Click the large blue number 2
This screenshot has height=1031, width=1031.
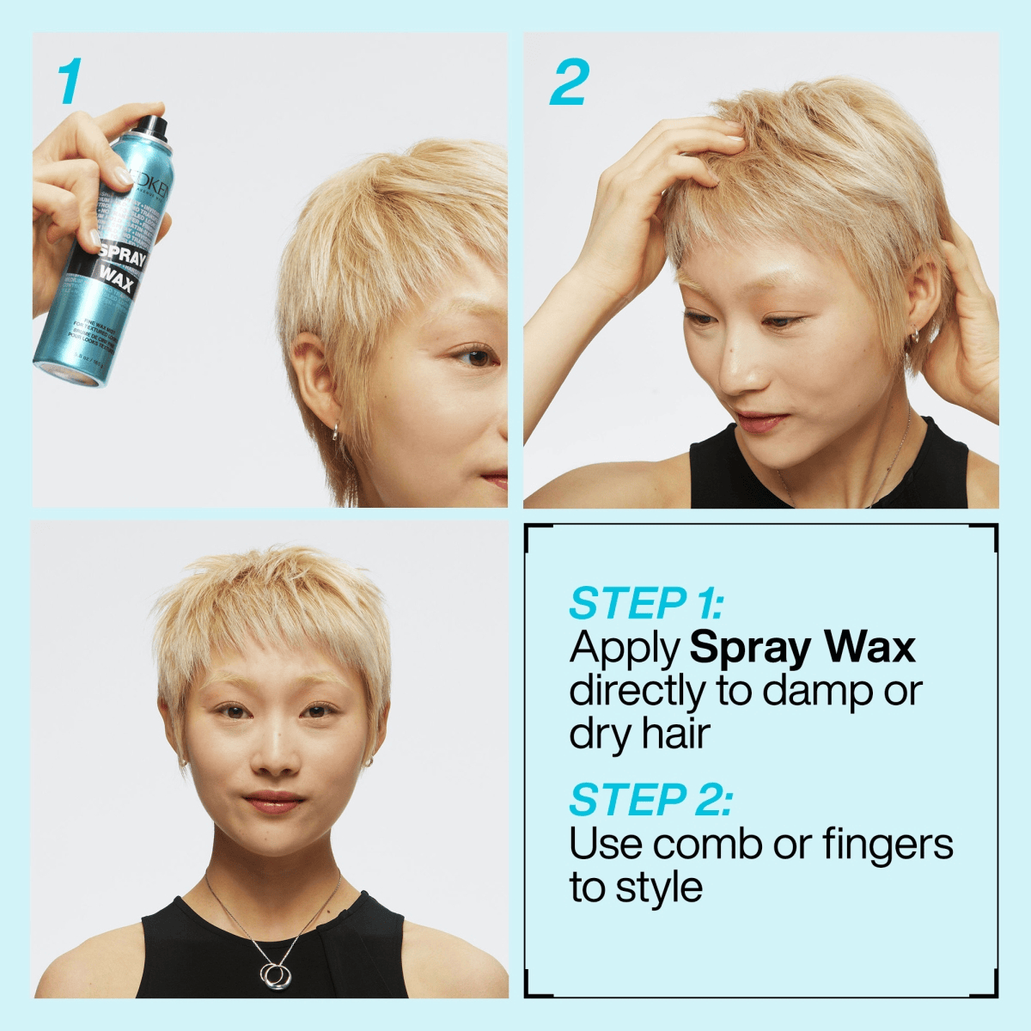pyautogui.click(x=569, y=82)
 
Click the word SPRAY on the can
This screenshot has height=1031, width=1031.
pyautogui.click(x=122, y=255)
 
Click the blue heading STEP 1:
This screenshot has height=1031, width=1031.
pyautogui.click(x=646, y=603)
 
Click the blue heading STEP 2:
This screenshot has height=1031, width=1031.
pyautogui.click(x=650, y=800)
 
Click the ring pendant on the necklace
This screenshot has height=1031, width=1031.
pyautogui.click(x=277, y=974)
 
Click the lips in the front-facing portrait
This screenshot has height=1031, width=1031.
pyautogui.click(x=274, y=802)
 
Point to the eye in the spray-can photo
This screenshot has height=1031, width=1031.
pyautogui.click(x=475, y=355)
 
